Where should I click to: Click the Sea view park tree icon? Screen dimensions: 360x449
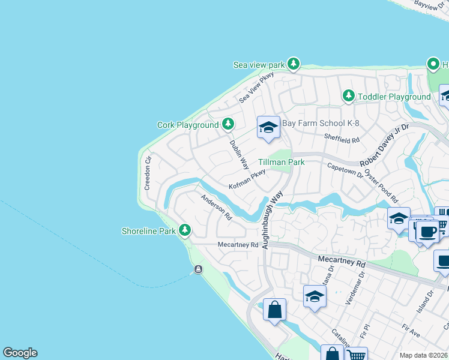[x=293, y=64]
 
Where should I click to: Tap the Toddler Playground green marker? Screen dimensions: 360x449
[x=348, y=96]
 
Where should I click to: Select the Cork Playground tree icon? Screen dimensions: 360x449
[x=228, y=124]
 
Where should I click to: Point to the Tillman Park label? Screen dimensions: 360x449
[x=282, y=162]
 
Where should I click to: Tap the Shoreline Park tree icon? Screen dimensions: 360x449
[x=185, y=230]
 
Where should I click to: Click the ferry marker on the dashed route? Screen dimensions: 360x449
[x=198, y=269]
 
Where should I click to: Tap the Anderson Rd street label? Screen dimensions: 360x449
[x=216, y=207]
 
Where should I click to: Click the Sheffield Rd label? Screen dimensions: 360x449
[x=342, y=139]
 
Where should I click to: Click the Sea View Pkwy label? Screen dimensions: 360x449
[x=256, y=87]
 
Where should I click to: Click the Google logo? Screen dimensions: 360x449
[x=20, y=353]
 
